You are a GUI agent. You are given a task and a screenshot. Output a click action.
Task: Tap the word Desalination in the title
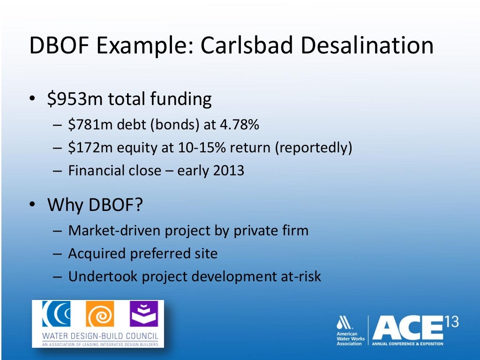pyautogui.click(x=367, y=46)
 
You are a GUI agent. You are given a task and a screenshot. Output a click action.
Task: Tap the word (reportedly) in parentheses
pyautogui.click(x=313, y=148)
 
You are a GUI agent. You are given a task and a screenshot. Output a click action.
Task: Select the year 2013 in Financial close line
pyautogui.click(x=229, y=170)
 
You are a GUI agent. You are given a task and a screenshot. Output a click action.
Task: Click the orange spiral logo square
pyautogui.click(x=99, y=314)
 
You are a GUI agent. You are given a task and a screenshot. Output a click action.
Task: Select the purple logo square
pyautogui.click(x=144, y=314)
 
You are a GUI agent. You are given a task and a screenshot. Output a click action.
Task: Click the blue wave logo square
pyautogui.click(x=56, y=314)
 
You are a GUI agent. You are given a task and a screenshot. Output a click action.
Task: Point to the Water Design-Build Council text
pyautogui.click(x=100, y=336)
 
